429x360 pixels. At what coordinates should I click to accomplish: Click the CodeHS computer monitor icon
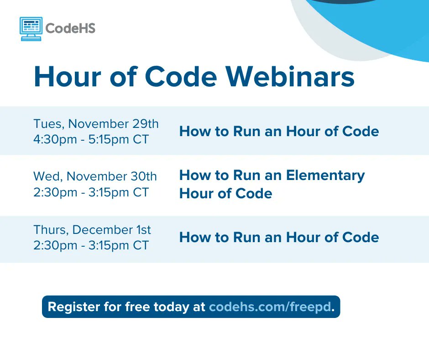coord(31,28)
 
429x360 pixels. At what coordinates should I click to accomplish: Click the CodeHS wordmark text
coord(71,28)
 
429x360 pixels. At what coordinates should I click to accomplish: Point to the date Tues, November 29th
coord(96,124)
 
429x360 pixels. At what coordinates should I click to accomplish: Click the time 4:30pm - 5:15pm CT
coord(91,139)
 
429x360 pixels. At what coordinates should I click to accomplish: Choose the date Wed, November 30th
coord(95,176)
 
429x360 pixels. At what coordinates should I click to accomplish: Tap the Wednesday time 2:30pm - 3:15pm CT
coord(91,192)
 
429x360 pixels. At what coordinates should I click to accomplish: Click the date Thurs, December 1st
coord(92,229)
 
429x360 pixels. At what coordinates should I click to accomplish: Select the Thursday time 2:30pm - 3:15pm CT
coord(91,245)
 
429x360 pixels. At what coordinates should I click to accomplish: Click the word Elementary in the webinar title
coord(325,175)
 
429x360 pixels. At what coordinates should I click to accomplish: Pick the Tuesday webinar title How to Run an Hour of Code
coord(279,132)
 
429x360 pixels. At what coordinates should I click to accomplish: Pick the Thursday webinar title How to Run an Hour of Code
coord(279,238)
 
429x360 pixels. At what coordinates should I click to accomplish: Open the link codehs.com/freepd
coord(269,307)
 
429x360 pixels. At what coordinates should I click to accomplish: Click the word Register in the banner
coord(72,307)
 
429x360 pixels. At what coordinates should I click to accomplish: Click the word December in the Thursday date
coord(104,229)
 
